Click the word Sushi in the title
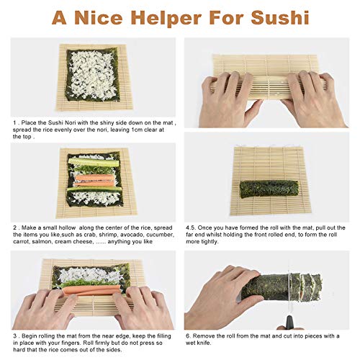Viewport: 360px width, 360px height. tap(280, 18)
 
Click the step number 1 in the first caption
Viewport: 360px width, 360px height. tap(14, 122)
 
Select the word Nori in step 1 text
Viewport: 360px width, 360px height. tap(70, 122)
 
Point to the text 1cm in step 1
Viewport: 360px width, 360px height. tap(138, 130)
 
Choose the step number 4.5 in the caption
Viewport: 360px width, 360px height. tap(191, 228)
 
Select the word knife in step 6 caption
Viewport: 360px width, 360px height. tap(204, 343)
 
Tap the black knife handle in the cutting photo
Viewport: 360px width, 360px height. tap(289, 323)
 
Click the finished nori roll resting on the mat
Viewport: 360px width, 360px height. tap(269, 189)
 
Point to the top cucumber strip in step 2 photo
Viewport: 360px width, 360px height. tap(94, 162)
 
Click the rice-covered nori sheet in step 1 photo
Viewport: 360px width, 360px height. tap(92, 75)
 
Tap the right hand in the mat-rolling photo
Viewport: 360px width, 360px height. tap(312, 99)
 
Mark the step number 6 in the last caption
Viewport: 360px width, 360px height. tap(188, 336)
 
